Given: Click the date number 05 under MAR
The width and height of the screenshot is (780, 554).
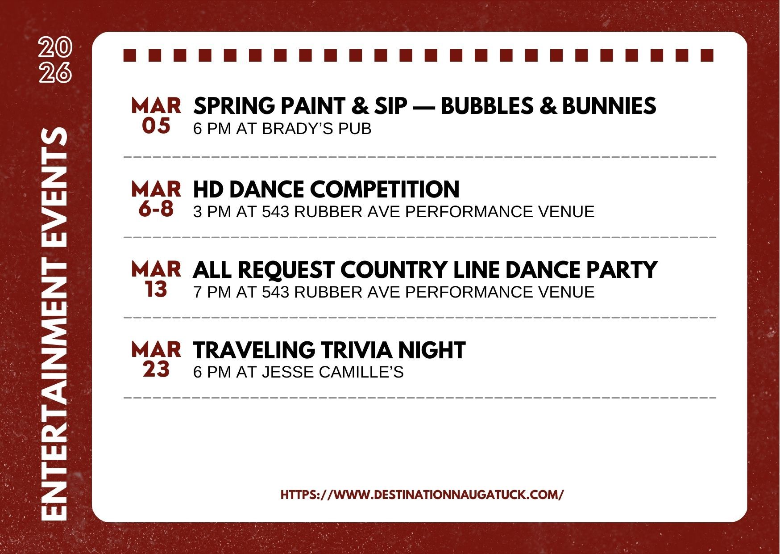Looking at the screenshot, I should point(156,126).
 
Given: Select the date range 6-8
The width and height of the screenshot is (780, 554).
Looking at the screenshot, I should point(156,209).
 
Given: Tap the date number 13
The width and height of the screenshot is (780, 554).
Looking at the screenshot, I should point(156,290).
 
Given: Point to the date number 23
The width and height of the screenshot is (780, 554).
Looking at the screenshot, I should point(156,369).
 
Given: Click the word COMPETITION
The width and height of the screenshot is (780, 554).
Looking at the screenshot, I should point(384,189).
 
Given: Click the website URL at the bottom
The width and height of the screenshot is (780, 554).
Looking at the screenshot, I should point(422,495).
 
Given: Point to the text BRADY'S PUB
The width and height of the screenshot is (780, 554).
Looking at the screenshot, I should point(317,129).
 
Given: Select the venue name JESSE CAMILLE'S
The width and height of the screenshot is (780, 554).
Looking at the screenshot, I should point(332,372).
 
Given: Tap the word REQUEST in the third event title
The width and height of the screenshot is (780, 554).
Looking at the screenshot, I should point(286,269).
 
